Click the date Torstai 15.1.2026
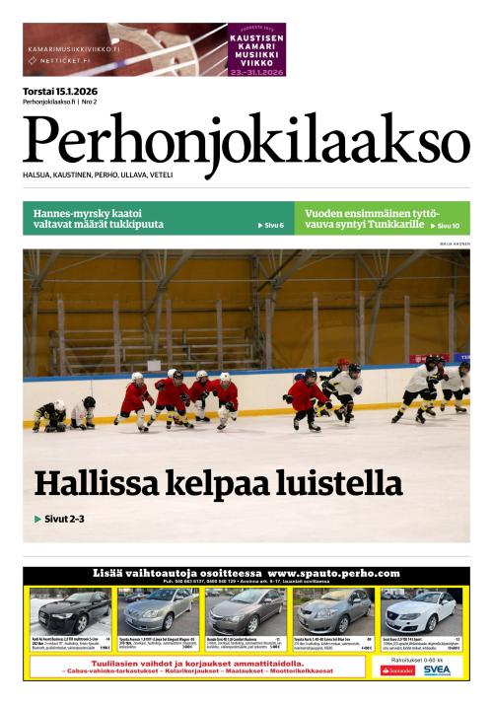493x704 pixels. (x=67, y=92)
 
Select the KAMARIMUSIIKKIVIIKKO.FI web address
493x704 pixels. (x=74, y=47)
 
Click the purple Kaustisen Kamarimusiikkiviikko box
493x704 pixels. (x=256, y=49)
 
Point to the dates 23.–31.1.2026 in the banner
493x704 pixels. (x=256, y=72)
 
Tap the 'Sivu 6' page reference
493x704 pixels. (x=270, y=226)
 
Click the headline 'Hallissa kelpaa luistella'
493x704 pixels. (x=219, y=484)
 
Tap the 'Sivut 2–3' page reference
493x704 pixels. (x=59, y=519)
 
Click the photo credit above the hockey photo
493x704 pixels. (x=451, y=243)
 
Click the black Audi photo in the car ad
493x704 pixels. (x=69, y=611)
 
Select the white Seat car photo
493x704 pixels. (x=422, y=611)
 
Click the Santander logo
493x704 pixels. (x=398, y=669)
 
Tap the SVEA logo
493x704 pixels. (x=436, y=669)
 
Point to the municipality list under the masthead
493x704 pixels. (x=98, y=175)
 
